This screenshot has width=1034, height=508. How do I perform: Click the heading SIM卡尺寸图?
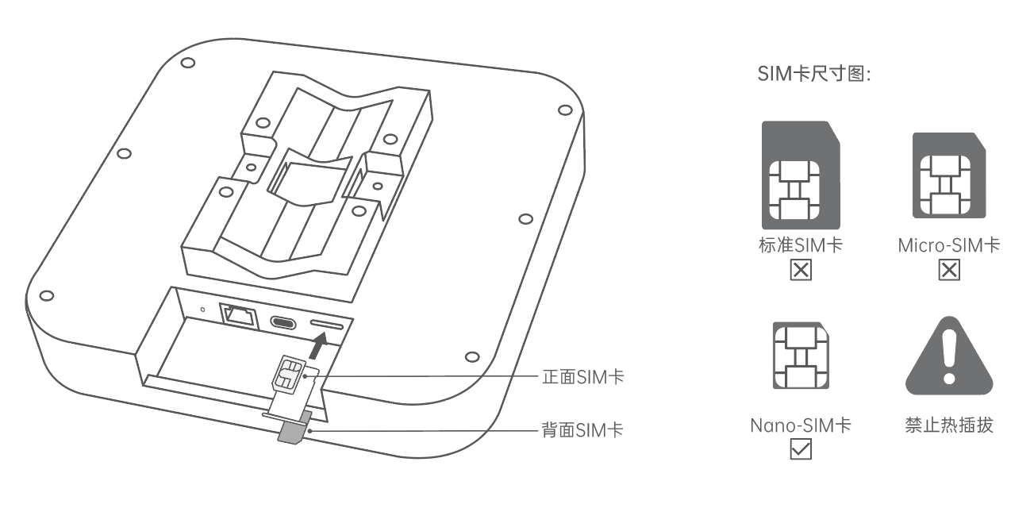(814, 74)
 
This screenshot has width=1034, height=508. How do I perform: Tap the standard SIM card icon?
(801, 175)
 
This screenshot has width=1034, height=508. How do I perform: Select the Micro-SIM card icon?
(949, 175)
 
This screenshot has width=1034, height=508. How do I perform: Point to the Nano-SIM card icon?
(801, 356)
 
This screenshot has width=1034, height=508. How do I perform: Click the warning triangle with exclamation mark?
(949, 356)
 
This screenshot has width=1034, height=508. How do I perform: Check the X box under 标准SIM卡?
(801, 270)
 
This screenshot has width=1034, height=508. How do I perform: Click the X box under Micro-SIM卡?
(949, 270)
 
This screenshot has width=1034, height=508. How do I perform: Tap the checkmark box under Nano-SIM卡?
(801, 449)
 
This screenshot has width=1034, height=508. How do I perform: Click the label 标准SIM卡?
(801, 245)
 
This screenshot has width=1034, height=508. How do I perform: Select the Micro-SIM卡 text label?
(949, 245)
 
